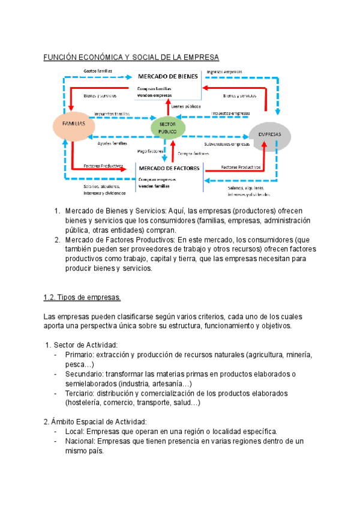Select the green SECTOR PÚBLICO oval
167,127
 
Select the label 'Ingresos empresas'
224,71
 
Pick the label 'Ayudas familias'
112,144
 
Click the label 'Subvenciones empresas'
226,145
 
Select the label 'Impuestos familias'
112,113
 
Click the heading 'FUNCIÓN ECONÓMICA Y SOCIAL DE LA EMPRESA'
131,57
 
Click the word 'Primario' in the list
80,355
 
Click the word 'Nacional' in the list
81,441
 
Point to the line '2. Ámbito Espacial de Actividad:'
95,422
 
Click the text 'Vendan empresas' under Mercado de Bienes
154,95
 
